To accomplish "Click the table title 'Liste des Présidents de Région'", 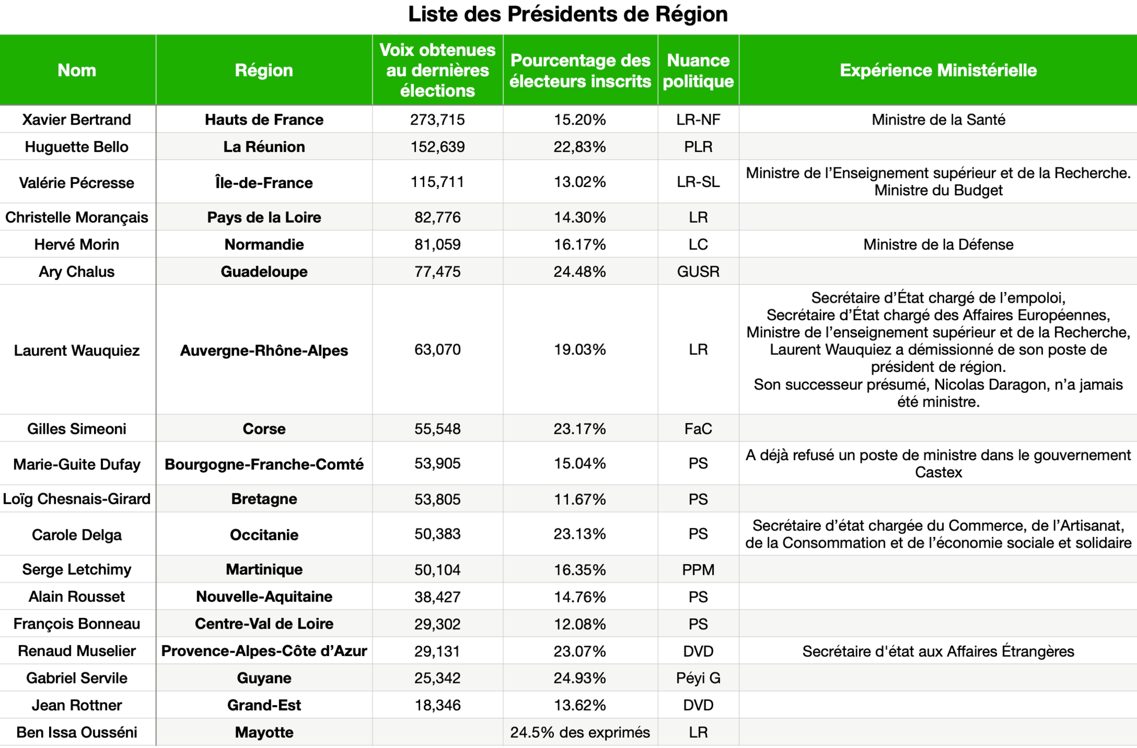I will (567, 14).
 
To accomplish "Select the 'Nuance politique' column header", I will (698, 71).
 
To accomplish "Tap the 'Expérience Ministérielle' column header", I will (938, 71).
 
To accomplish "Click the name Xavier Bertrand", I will (76, 120).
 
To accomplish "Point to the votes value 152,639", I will (437, 147).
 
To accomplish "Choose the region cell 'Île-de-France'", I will (264, 183).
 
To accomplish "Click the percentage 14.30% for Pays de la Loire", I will (579, 217).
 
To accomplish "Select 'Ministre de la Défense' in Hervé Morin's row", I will (938, 245).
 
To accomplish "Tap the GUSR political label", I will (698, 272).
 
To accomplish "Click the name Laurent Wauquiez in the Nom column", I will (76, 351).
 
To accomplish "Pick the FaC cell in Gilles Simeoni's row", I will (698, 429).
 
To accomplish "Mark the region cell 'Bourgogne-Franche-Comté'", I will (264, 464).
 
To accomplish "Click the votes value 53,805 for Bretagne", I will (437, 500).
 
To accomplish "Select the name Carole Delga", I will (76, 535).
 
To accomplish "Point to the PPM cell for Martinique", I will (698, 570).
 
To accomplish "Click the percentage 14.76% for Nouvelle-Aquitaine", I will (579, 597).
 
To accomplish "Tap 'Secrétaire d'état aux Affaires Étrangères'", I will (938, 651).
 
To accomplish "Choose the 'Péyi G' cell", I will (698, 678).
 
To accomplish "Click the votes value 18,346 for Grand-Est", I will (437, 706).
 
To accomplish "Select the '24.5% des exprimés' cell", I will (579, 733).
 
